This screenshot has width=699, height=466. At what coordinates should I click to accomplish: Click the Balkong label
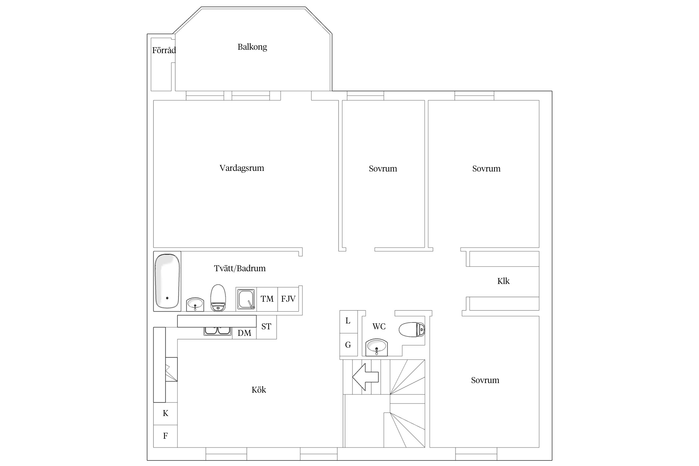(x=252, y=47)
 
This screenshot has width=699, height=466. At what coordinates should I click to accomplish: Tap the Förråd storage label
(x=164, y=50)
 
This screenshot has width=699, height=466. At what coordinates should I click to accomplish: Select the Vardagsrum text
(x=242, y=168)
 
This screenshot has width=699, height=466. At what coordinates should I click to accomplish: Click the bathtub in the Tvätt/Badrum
(x=167, y=281)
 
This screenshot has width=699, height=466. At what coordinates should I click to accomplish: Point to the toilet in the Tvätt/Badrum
(x=218, y=298)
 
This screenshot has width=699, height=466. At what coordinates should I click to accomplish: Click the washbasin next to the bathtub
(x=195, y=304)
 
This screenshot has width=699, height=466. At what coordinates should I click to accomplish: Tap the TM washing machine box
(x=267, y=299)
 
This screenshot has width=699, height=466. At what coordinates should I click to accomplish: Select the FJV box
(x=288, y=299)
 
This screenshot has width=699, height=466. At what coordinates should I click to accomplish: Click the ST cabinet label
(x=266, y=327)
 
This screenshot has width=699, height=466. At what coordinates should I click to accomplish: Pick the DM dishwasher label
(x=244, y=333)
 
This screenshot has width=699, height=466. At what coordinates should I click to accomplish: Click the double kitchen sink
(x=218, y=331)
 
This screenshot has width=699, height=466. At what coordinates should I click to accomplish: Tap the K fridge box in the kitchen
(x=166, y=413)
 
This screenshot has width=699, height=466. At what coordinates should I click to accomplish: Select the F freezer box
(x=166, y=436)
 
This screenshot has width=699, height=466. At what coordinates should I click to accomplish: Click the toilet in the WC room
(x=412, y=330)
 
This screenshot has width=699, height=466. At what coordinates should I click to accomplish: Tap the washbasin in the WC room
(x=377, y=347)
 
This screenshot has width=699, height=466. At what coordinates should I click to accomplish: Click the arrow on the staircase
(x=365, y=377)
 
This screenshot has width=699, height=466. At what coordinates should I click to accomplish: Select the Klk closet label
(x=503, y=281)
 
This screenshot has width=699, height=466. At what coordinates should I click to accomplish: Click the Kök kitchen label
(x=259, y=390)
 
